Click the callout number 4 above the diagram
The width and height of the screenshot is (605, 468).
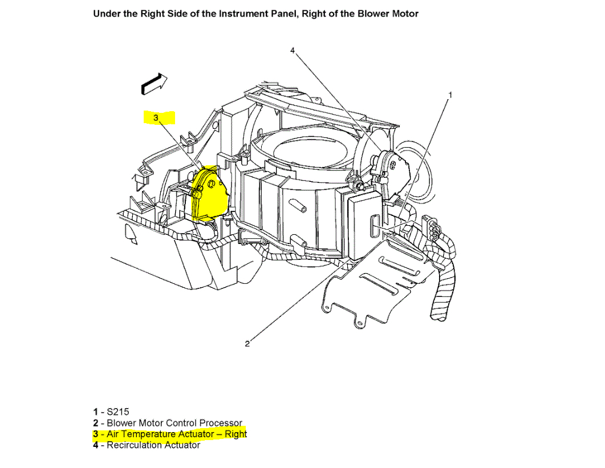click(x=293, y=51)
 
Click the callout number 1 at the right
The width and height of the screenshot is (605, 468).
click(x=450, y=95)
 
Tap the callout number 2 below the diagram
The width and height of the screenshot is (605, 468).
click(x=247, y=343)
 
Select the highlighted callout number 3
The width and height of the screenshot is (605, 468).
click(x=155, y=117)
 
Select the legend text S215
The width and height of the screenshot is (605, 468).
click(x=119, y=412)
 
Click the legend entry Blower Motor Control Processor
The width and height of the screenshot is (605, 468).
click(x=174, y=423)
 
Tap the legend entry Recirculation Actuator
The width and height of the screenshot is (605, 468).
click(x=153, y=445)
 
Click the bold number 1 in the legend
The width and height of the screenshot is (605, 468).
click(x=95, y=412)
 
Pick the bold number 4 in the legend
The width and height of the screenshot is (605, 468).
click(x=95, y=445)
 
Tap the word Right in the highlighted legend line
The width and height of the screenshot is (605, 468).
click(x=235, y=434)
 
